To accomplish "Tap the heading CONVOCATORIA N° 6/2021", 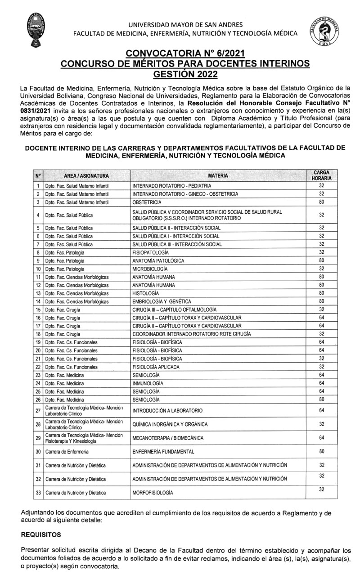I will pos(185,54).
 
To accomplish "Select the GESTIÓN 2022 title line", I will pos(185,73).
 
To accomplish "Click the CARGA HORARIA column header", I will pos(321,175).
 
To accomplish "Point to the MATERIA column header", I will pos(218,175).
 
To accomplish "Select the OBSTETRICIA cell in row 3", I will pos(147,202).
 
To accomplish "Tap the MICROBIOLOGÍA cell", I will pos(149,269).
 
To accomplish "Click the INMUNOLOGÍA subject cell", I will pos(148,383).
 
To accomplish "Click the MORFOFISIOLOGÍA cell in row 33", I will pos(153,493).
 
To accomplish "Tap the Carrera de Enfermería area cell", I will pos(67,451).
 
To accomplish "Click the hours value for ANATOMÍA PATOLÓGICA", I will pos(321,260).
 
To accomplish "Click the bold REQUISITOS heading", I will pos(41,535).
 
